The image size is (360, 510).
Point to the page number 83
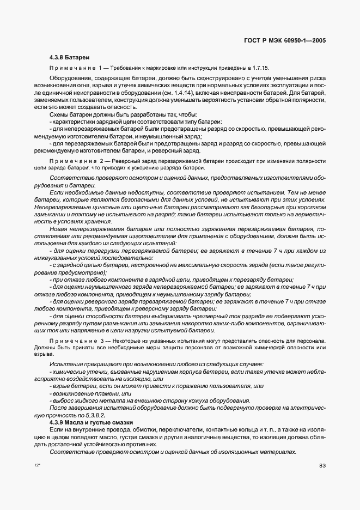(322, 465)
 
